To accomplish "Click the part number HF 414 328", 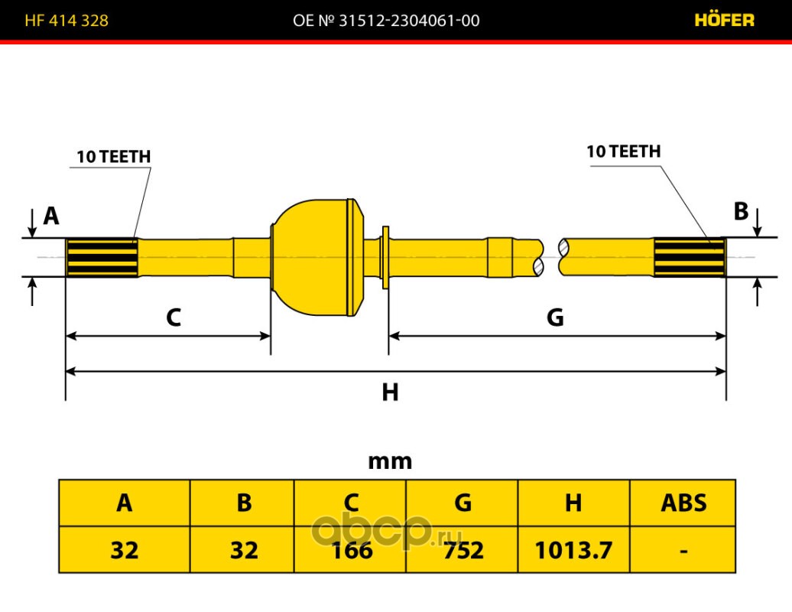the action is [x=67, y=20].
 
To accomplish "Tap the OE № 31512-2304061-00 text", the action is [x=386, y=20].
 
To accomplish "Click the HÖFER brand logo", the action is [x=724, y=20].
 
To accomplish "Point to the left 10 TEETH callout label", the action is [x=114, y=157].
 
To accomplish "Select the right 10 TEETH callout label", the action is [x=623, y=151].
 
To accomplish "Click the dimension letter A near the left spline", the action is [x=51, y=216].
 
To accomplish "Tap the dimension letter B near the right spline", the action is [x=741, y=211].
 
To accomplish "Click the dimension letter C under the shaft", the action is [x=174, y=317].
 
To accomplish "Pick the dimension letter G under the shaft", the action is [x=555, y=317].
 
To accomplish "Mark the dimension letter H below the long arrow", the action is [x=390, y=392].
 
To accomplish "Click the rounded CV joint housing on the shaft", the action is [x=318, y=257].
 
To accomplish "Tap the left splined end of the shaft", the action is [x=102, y=257].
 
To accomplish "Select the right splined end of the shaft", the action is [x=690, y=257].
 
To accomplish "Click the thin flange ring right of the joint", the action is [x=386, y=257].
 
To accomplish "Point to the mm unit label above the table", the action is [x=390, y=461].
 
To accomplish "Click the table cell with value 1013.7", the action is [x=574, y=549].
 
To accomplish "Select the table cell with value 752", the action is [x=463, y=549].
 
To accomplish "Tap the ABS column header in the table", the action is [x=683, y=503].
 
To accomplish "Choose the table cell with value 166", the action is [x=350, y=549].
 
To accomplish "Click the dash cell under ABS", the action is [x=683, y=549].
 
